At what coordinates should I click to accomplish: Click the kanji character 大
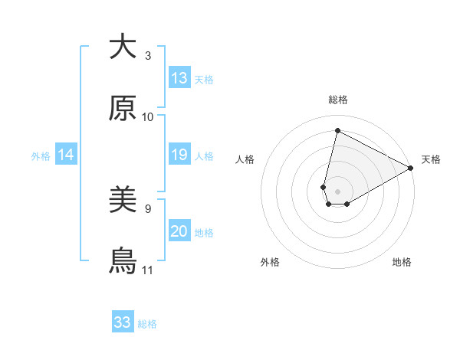123,47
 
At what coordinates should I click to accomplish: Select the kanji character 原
123,109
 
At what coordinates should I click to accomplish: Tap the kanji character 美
123,201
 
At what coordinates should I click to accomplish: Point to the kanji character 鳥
123,262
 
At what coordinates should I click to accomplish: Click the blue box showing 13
179,78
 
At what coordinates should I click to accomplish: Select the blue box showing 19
179,155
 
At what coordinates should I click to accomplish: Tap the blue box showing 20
179,232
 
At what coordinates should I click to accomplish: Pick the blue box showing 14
66,155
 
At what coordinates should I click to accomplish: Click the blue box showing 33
123,322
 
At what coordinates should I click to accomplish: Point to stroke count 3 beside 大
148,56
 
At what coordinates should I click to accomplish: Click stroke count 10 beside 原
148,117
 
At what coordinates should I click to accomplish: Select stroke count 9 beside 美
148,209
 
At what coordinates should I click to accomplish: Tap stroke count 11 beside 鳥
148,270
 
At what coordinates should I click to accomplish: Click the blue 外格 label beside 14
41,156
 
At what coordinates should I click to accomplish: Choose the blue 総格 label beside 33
147,324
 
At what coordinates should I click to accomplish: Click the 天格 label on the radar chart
431,159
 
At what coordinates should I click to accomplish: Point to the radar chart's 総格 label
338,100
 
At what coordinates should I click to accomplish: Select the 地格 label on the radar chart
402,262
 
